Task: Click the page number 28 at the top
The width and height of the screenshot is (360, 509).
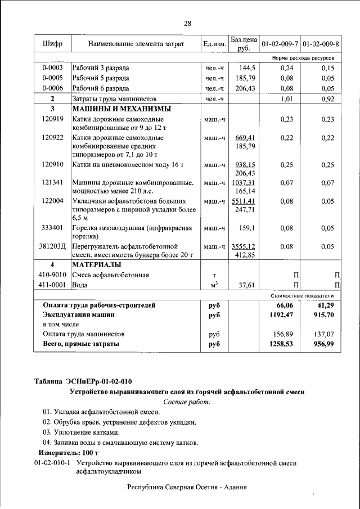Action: (x=187, y=24)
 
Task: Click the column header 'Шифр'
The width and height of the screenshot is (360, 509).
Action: (x=52, y=44)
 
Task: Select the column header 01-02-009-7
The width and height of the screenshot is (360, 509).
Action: (x=280, y=44)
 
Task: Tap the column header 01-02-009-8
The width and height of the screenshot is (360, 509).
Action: (x=321, y=44)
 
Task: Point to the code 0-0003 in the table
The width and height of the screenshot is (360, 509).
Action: (x=52, y=67)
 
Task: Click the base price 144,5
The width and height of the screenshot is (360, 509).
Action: (x=246, y=67)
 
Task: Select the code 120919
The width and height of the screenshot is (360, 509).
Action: (x=52, y=119)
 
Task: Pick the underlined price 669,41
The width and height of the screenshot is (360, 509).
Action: (x=245, y=138)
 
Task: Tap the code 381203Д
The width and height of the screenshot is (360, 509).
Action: (x=53, y=246)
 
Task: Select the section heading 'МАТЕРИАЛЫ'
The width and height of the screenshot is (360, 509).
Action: (x=97, y=264)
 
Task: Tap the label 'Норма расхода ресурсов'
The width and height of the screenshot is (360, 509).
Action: (x=303, y=58)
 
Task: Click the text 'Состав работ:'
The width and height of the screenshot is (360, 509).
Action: (x=186, y=402)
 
